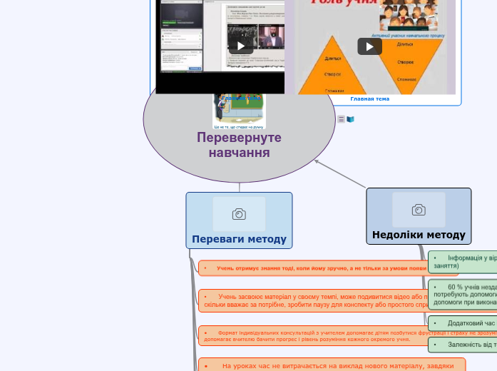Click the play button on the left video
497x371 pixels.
coord(241,46)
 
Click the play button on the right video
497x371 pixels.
coord(369,46)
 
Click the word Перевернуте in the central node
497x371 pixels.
coord(240,138)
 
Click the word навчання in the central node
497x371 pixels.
coord(240,153)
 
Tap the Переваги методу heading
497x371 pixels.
coord(239,239)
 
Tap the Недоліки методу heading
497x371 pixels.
coord(419,235)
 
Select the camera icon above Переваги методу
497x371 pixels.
coord(239,214)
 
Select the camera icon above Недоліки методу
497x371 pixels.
coord(419,210)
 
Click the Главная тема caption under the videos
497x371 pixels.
coord(369,99)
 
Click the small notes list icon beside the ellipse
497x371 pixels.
coord(342,119)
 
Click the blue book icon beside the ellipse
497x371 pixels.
coord(350,119)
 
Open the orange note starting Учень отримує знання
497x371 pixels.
coord(314,268)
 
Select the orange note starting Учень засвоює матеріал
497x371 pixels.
coord(314,300)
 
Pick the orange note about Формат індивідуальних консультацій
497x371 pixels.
coord(314,335)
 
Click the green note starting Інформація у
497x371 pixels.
coord(463,261)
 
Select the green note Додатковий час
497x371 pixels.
coord(463,323)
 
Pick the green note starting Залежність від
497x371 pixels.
coord(463,345)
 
